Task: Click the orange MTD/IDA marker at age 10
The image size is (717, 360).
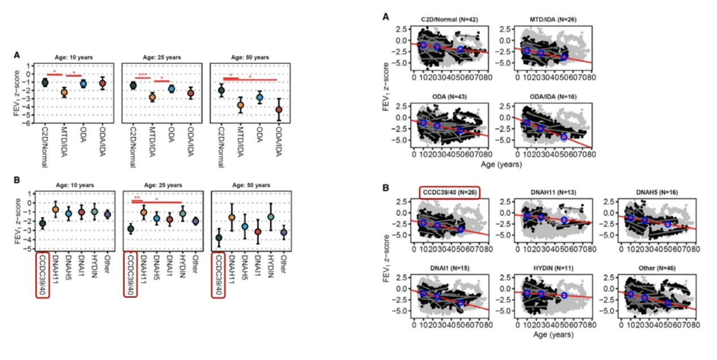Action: click(x=64, y=92)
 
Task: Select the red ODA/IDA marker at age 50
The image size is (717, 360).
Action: click(x=279, y=110)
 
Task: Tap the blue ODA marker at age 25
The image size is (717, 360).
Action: click(x=171, y=89)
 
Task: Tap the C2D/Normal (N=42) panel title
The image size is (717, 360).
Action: click(x=451, y=20)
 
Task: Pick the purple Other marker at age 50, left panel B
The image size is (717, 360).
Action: click(x=284, y=232)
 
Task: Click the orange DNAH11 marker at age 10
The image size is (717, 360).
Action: click(x=56, y=209)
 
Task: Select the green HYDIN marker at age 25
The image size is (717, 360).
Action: click(x=182, y=213)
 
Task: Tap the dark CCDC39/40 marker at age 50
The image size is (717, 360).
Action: click(x=219, y=238)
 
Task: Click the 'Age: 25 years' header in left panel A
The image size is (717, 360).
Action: click(x=161, y=57)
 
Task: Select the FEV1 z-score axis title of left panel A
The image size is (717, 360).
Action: click(x=18, y=93)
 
